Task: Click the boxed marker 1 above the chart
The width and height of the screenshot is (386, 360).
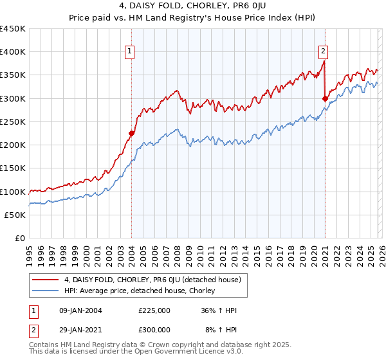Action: coord(130,52)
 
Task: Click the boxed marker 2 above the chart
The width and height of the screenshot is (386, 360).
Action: coord(322,52)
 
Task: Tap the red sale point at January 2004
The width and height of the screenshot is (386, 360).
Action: coord(131,134)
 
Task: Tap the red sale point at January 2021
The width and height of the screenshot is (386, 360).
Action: coord(325,98)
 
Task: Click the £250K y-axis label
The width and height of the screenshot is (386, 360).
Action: coord(13,122)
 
